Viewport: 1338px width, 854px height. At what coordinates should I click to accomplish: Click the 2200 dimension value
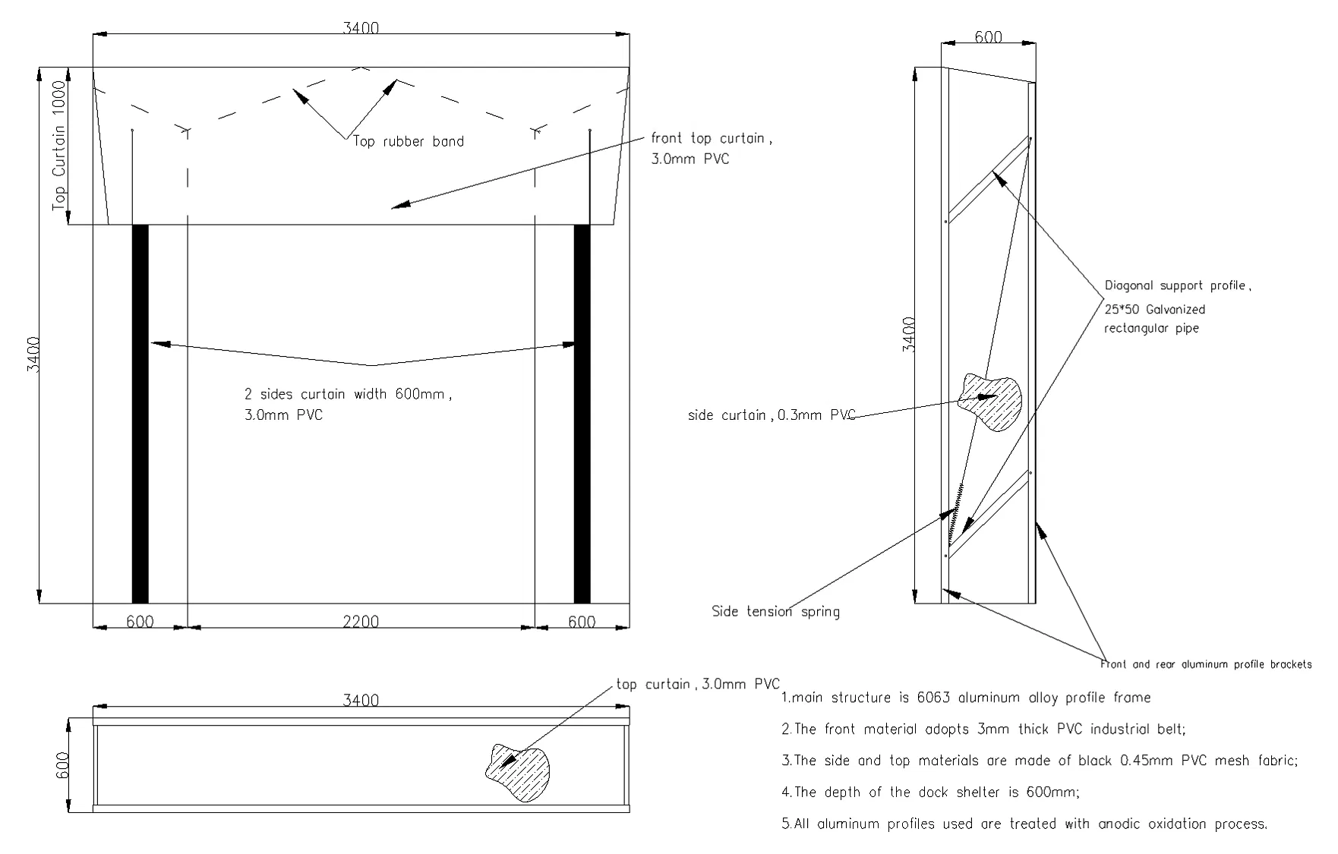[361, 622]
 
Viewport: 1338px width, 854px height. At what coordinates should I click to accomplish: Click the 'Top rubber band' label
[409, 141]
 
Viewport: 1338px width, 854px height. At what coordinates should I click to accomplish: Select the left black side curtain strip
[140, 414]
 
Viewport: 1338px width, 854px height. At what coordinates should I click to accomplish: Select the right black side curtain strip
[582, 414]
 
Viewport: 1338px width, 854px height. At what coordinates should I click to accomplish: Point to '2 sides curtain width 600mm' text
[347, 395]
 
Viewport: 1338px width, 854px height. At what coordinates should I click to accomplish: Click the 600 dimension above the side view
[988, 36]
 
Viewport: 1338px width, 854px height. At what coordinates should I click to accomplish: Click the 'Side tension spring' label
[775, 611]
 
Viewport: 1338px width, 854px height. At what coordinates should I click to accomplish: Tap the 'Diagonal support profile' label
[1177, 286]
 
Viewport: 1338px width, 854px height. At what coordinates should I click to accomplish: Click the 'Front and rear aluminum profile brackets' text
[1206, 664]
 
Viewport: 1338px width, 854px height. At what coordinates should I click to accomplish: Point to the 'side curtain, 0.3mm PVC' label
[771, 415]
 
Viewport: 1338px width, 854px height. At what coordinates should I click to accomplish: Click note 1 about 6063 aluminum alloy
[966, 698]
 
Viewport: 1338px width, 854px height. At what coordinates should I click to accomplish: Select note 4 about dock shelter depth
[930, 792]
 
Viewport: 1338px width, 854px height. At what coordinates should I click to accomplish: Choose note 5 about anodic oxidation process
[1024, 824]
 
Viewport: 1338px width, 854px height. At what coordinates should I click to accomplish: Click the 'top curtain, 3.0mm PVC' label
[698, 684]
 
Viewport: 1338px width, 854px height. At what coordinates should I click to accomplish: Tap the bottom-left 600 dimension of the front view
[140, 622]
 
